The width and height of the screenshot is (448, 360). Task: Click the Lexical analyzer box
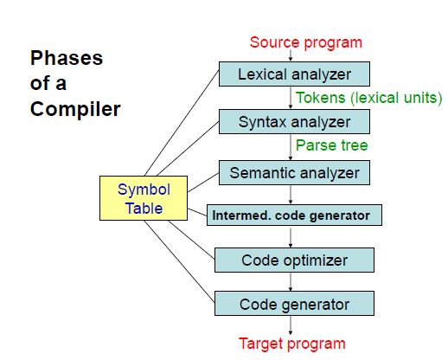point(294,74)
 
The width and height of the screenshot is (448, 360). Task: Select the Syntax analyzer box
point(294,121)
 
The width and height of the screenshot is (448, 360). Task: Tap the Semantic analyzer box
point(294,173)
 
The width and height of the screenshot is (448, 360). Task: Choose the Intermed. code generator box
point(294,215)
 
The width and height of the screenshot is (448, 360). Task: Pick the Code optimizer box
point(294,260)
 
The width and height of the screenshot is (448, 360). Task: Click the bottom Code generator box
point(294,304)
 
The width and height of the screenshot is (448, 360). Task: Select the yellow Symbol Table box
point(144,198)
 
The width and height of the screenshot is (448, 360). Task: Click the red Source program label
point(306,42)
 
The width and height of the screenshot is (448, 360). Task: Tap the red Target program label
point(292,344)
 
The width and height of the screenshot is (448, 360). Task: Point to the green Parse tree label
point(332,145)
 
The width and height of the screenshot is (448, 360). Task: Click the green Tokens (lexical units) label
point(368,98)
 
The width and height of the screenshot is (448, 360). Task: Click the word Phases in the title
point(67,58)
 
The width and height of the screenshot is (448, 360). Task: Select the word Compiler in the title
point(75,109)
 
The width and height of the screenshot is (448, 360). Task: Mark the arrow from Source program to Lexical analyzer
point(291,55)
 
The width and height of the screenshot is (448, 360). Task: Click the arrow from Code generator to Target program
point(291,325)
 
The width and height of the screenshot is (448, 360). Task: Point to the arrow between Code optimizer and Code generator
point(291,282)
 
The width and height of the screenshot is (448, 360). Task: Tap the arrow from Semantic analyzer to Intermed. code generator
point(291,195)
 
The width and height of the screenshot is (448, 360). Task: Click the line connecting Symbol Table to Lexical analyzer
point(182,123)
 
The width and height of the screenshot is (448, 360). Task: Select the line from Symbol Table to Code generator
point(179,261)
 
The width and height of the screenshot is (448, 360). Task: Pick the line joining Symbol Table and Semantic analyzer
point(203,183)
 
